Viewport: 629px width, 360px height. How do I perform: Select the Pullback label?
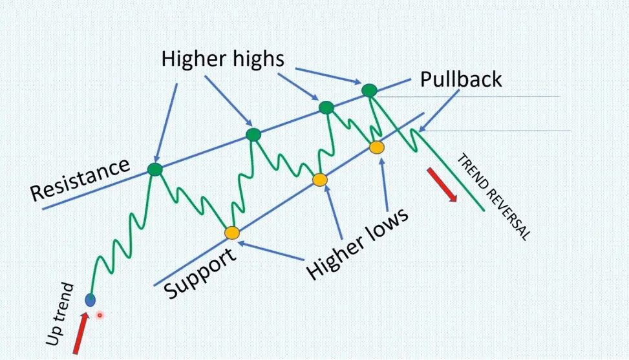[x=461, y=79]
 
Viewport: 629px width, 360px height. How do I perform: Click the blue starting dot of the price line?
[x=91, y=299]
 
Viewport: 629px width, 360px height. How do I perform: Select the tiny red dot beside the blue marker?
[x=100, y=315]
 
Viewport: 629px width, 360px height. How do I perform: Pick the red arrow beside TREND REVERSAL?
[x=442, y=185]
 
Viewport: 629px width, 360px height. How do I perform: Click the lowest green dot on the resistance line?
[x=155, y=169]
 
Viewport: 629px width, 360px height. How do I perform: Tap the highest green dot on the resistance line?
[x=368, y=90]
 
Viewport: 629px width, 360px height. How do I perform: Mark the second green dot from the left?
[x=253, y=134]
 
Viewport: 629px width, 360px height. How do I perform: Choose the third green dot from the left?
[x=326, y=107]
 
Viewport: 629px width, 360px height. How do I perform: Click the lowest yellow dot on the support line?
[x=231, y=233]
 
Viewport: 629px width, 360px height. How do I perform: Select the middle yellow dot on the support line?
[x=320, y=180]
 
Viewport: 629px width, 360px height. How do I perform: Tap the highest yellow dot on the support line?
[x=376, y=148]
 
